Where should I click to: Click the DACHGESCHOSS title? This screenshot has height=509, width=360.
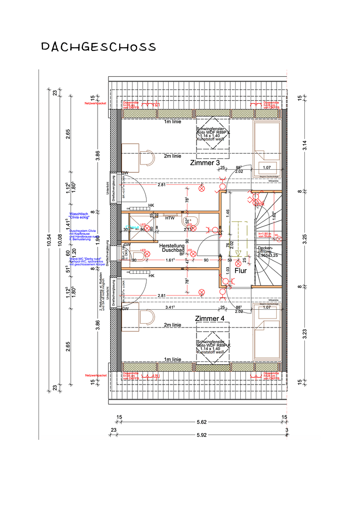click(98, 47)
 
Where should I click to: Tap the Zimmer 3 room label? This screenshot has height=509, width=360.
click(205, 163)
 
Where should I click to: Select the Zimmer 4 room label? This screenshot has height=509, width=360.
click(210, 319)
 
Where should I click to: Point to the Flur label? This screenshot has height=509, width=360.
click(241, 271)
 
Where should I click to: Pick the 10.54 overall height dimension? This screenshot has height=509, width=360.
click(49, 240)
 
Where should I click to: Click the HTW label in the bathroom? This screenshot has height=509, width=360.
click(169, 218)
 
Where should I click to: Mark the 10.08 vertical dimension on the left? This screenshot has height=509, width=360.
click(60, 240)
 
